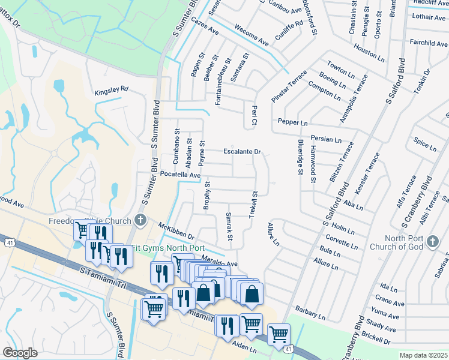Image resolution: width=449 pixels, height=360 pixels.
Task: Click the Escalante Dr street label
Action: point(243,152)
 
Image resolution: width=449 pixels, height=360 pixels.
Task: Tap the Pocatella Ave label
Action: point(180,175)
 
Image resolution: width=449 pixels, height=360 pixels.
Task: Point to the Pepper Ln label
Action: point(292,122)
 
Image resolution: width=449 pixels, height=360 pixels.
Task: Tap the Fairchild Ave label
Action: point(428,43)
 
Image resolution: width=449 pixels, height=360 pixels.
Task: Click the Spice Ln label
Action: point(425,144)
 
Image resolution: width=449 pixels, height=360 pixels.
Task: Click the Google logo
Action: point(20,352)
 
